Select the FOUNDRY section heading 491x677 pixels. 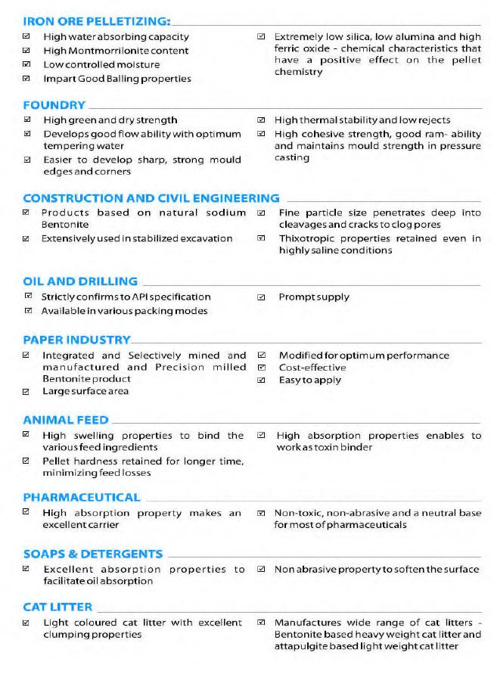pyautogui.click(x=54, y=105)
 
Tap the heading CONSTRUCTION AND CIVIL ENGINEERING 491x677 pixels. pyautogui.click(x=151, y=198)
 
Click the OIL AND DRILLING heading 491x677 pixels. pyautogui.click(x=80, y=281)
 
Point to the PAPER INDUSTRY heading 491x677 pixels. pyautogui.click(x=76, y=340)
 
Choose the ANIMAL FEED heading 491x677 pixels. pyautogui.click(x=65, y=420)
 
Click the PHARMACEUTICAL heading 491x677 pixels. pyautogui.click(x=82, y=497)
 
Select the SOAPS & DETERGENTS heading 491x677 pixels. pyautogui.click(x=93, y=554)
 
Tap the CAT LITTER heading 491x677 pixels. pyautogui.click(x=57, y=607)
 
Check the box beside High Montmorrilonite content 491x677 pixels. pyautogui.click(x=27, y=51)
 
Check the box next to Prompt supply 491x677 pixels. pyautogui.click(x=262, y=297)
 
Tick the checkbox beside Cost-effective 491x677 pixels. pyautogui.click(x=262, y=368)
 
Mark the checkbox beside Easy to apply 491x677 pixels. pyautogui.click(x=262, y=380)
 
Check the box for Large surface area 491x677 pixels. pyautogui.click(x=27, y=391)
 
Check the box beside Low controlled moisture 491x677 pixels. pyautogui.click(x=27, y=64)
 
